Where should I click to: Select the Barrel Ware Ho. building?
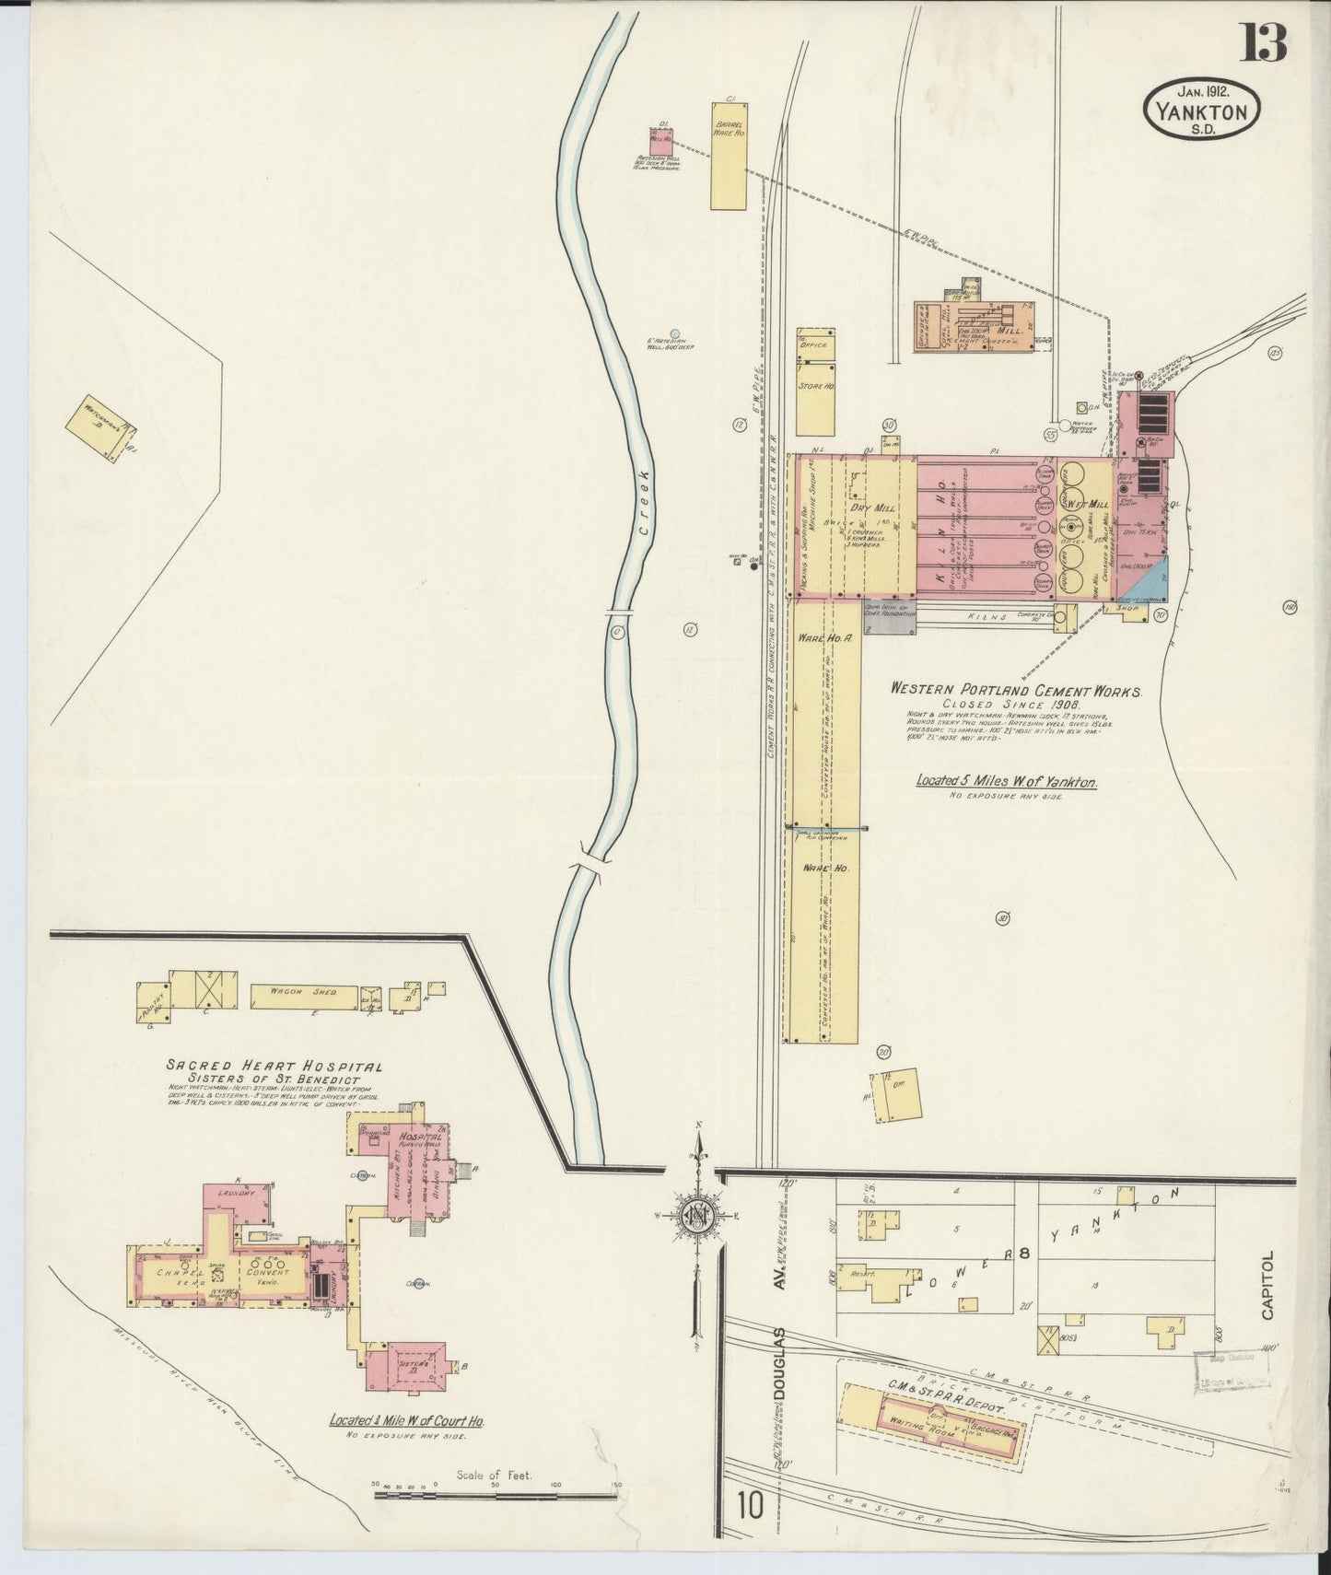[728, 162]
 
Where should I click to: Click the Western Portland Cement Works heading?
[1016, 690]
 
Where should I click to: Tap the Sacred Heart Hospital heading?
[274, 1066]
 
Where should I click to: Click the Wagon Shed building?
[295, 992]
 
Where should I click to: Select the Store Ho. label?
[815, 387]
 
